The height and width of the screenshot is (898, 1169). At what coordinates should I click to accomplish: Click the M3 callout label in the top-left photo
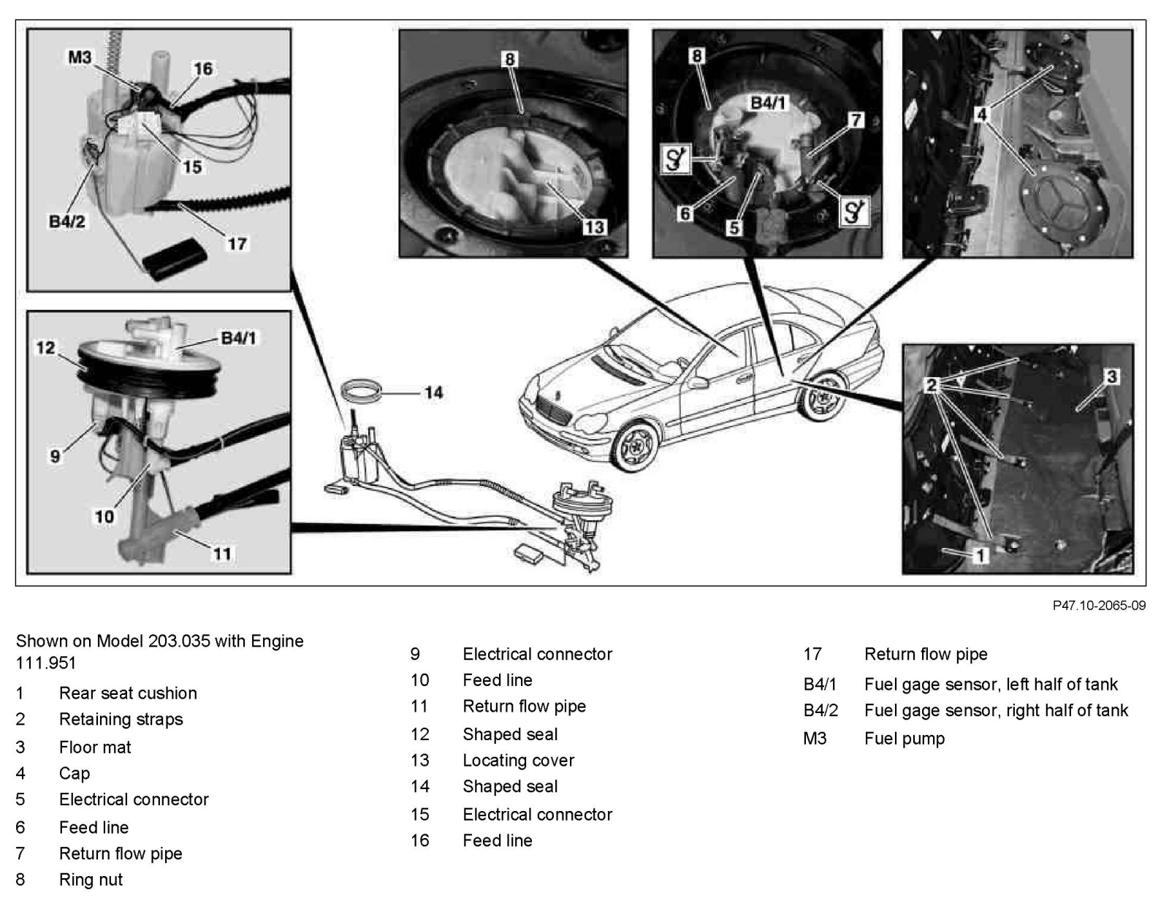point(80,56)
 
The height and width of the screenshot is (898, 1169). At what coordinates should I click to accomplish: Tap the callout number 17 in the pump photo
point(237,243)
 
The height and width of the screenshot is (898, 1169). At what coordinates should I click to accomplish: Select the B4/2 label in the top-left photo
point(66,221)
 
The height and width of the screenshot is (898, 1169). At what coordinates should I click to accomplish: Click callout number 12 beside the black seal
point(45,348)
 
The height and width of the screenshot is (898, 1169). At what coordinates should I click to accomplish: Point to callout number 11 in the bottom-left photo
point(222,553)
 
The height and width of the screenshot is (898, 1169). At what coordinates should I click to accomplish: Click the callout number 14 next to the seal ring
point(434,392)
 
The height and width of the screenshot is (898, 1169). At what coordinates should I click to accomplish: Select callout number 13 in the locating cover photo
point(594,227)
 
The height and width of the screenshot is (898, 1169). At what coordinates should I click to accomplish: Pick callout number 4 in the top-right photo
point(982,115)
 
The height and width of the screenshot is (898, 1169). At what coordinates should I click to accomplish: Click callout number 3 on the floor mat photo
point(1111,376)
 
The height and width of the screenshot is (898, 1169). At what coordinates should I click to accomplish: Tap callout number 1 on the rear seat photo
point(981,555)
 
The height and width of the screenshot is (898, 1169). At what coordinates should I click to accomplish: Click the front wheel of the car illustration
point(633,446)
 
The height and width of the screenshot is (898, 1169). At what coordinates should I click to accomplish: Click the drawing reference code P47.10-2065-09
point(1099,606)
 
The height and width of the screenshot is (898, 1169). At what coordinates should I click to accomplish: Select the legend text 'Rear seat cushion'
point(128,693)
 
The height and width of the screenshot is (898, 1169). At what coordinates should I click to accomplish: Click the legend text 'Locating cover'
point(518,761)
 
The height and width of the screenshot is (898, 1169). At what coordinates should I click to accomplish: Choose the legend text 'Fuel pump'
point(904,739)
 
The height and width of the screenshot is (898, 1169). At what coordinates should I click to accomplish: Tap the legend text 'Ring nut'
point(91,880)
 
